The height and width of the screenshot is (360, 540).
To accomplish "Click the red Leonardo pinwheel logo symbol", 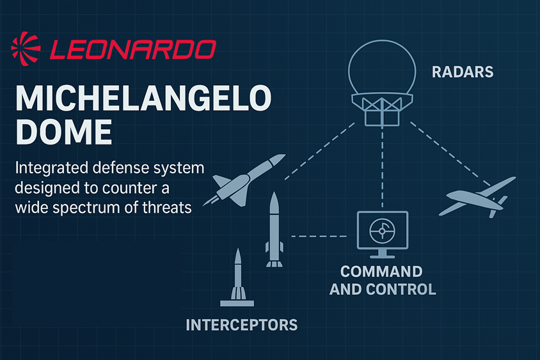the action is click(x=26, y=49).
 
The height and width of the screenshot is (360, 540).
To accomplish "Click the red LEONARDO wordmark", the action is click(x=133, y=50).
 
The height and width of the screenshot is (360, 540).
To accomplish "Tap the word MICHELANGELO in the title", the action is click(x=143, y=98).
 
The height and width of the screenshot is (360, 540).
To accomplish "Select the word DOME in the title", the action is click(x=64, y=132).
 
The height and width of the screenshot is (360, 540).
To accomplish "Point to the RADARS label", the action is click(x=463, y=72).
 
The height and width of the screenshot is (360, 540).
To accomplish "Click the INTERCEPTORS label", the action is click(x=242, y=325).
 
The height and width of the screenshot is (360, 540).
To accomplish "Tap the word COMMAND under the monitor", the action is click(x=381, y=272).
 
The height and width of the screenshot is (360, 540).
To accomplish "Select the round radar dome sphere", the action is click(x=382, y=41).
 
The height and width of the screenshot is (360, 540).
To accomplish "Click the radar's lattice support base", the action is click(x=382, y=109).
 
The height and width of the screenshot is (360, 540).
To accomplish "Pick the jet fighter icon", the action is click(x=244, y=180).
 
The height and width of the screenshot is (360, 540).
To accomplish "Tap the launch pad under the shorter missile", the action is click(x=237, y=303).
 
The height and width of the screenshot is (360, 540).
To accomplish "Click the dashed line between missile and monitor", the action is click(x=319, y=237).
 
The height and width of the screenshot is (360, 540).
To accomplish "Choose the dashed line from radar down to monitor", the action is click(x=382, y=167).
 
